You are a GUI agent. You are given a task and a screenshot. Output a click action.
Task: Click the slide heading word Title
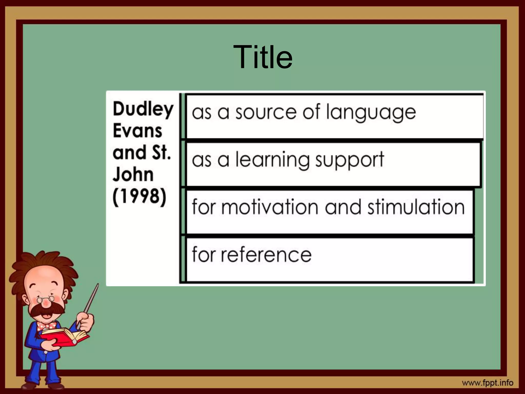[x=263, y=57]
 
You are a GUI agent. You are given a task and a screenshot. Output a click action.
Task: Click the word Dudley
[x=143, y=109]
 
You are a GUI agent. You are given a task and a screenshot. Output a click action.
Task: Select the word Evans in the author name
[x=137, y=131]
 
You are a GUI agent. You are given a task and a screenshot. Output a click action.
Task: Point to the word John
[x=133, y=175]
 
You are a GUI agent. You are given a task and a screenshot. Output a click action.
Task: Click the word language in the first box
[x=371, y=113]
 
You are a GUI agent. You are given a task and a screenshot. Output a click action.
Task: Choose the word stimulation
[x=416, y=207]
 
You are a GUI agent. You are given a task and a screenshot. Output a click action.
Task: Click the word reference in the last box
[x=266, y=255]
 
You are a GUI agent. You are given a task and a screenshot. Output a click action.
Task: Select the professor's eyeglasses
[x=46, y=299]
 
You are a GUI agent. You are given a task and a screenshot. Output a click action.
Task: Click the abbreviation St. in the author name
[x=161, y=153]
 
